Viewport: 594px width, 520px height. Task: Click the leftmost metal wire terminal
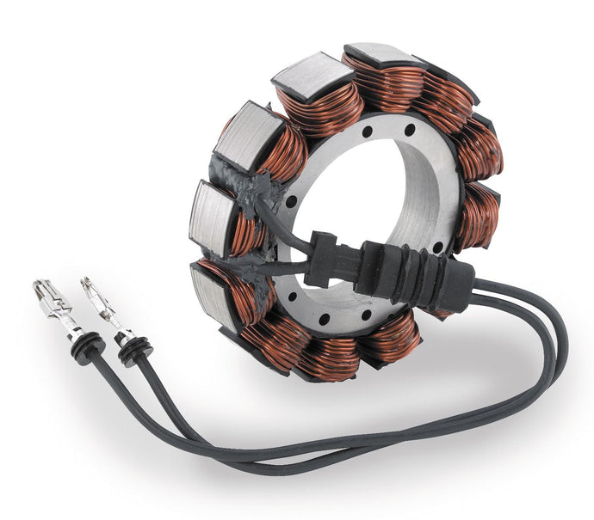coord(52,305)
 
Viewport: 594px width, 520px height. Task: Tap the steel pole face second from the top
coord(306,76)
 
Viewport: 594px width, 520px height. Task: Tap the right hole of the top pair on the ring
coord(410,130)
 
